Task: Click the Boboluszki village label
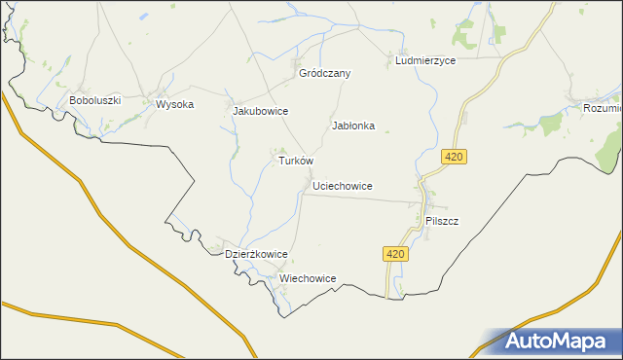click(93, 100)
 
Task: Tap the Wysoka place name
click(175, 104)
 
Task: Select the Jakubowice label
click(260, 111)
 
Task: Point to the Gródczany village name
click(325, 73)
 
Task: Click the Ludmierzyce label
click(425, 60)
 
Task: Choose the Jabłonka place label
click(353, 126)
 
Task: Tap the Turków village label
click(296, 161)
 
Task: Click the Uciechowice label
click(343, 185)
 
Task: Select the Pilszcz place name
click(442, 221)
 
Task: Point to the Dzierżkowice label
click(256, 254)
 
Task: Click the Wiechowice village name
click(308, 278)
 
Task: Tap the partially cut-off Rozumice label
click(603, 108)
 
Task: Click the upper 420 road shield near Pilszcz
click(453, 157)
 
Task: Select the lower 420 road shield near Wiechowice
click(393, 254)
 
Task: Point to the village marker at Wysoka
click(156, 101)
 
